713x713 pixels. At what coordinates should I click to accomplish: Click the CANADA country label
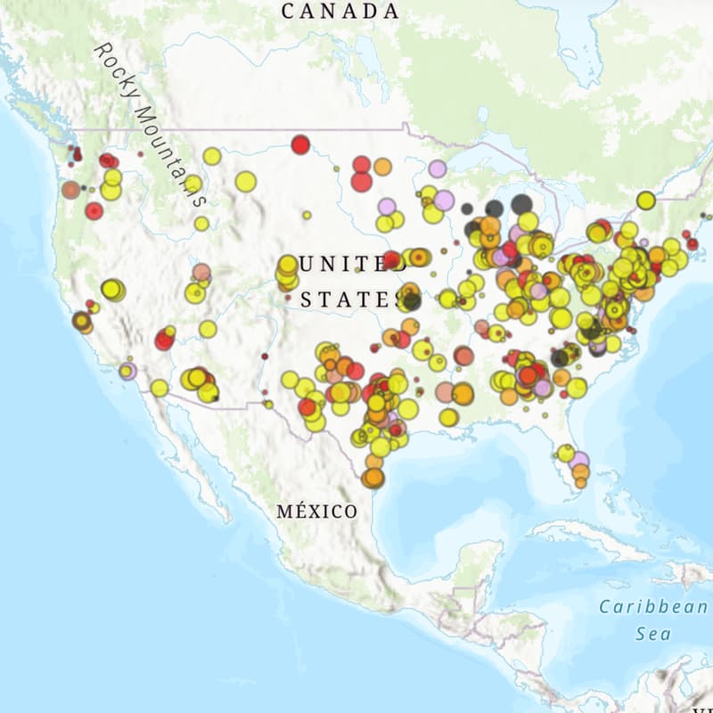(340, 12)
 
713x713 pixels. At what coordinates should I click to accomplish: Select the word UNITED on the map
(335, 264)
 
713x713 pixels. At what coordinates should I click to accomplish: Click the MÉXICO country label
(316, 512)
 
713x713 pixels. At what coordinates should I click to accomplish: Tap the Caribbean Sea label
(652, 620)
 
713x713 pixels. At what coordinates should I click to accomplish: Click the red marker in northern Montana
(300, 144)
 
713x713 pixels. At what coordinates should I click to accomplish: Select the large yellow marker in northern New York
(646, 201)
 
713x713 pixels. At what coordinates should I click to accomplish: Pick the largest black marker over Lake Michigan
(521, 204)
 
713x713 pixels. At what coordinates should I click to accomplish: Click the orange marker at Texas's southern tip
(373, 478)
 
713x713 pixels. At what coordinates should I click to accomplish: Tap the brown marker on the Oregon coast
(70, 189)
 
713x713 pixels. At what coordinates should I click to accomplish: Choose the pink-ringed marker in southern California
(127, 371)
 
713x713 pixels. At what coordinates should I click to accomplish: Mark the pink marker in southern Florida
(580, 460)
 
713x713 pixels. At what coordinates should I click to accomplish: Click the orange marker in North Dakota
(382, 167)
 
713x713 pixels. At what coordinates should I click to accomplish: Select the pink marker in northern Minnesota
(437, 168)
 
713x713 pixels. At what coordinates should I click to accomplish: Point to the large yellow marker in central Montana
(246, 182)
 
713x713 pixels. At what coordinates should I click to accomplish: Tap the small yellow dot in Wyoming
(307, 215)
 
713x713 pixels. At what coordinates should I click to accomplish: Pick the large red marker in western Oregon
(94, 211)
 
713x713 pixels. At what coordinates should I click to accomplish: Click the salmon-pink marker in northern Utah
(202, 272)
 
